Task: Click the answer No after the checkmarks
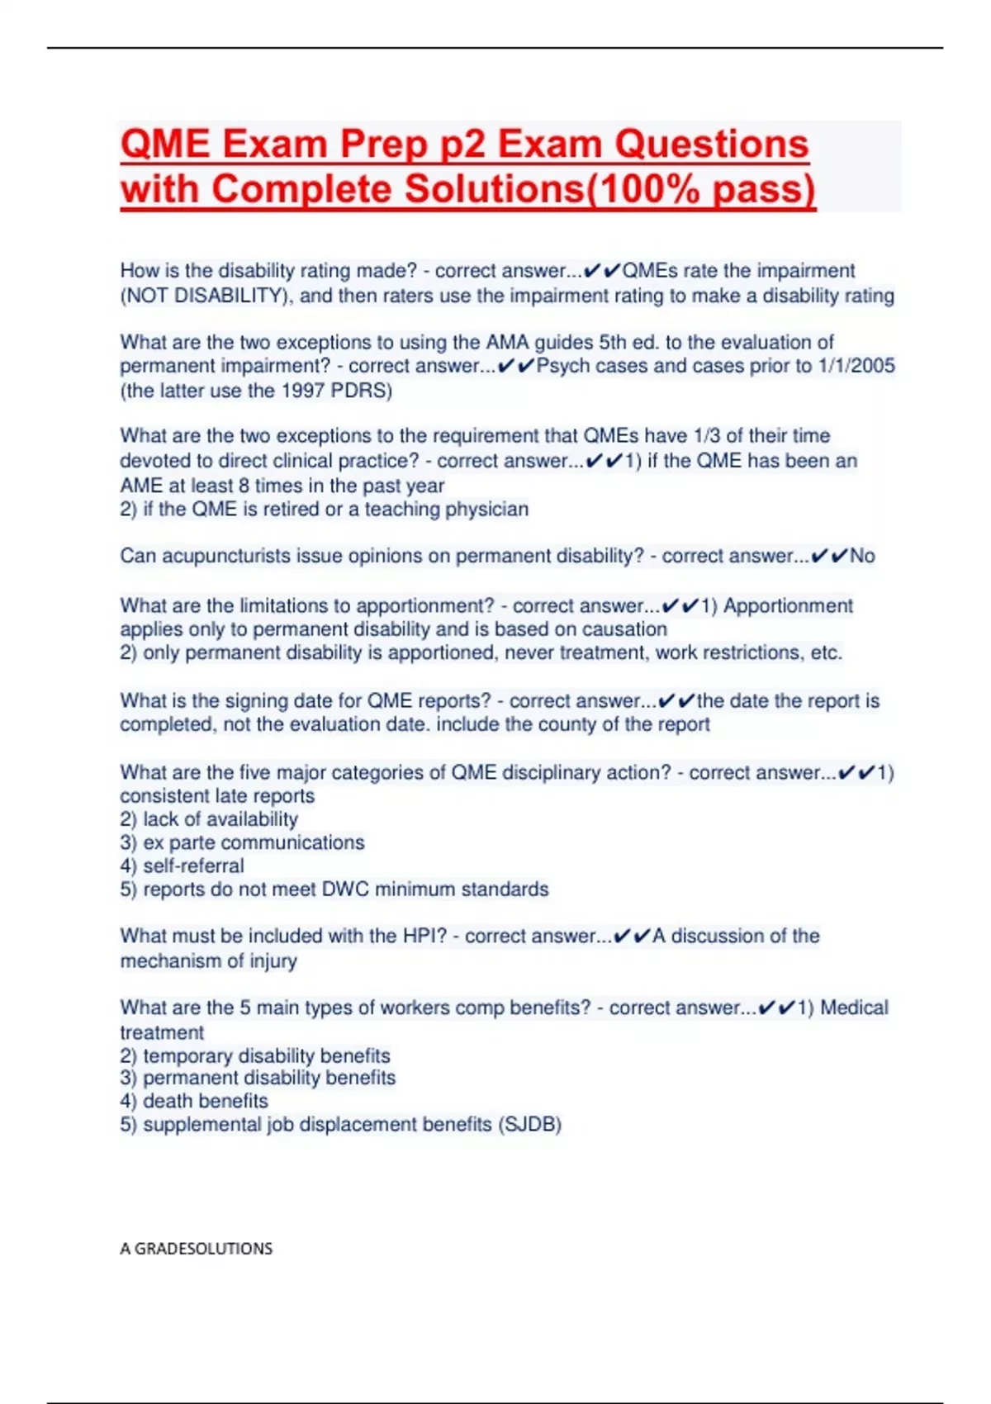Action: (x=862, y=556)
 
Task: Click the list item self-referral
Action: (x=193, y=866)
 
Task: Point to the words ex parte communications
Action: (x=254, y=842)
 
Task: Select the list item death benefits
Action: (x=205, y=1101)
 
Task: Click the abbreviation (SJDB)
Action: (x=529, y=1125)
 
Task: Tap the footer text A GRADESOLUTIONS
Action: (x=196, y=1249)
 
